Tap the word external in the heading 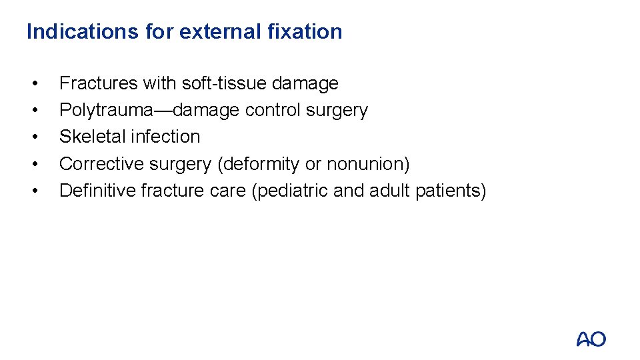(212, 31)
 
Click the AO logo (591, 339)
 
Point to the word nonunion (367, 164)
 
